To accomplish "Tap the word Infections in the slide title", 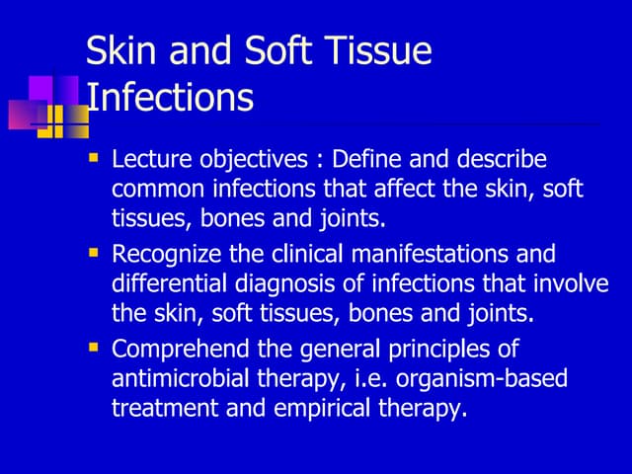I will (170, 97).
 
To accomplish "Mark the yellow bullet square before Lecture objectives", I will (94, 158).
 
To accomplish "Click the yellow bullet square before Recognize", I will (94, 253).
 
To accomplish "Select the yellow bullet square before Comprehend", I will (94, 348).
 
